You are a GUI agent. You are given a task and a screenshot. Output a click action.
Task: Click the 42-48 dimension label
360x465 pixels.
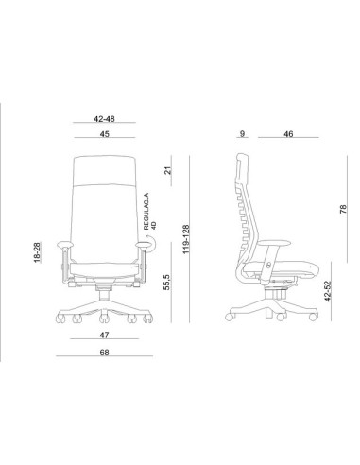pyautogui.click(x=104, y=119)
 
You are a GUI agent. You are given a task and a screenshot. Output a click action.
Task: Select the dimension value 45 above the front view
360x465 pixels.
pyautogui.click(x=105, y=134)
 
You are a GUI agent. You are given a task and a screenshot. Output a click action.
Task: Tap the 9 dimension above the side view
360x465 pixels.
pyautogui.click(x=242, y=133)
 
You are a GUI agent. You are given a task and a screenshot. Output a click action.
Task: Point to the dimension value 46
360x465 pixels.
pyautogui.click(x=288, y=134)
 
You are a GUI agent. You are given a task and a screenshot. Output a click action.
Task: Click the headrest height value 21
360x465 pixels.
pyautogui.click(x=168, y=170)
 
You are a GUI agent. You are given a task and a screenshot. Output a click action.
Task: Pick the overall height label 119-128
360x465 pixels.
pyautogui.click(x=186, y=239)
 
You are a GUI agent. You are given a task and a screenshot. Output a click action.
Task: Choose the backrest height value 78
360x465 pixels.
pyautogui.click(x=343, y=209)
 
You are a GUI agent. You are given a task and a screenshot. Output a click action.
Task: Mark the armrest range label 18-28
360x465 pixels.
pyautogui.click(x=37, y=252)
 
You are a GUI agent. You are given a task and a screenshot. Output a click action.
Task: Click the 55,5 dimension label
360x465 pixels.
pyautogui.click(x=167, y=282)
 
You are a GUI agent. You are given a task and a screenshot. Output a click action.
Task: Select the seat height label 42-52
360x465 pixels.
pyautogui.click(x=328, y=291)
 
